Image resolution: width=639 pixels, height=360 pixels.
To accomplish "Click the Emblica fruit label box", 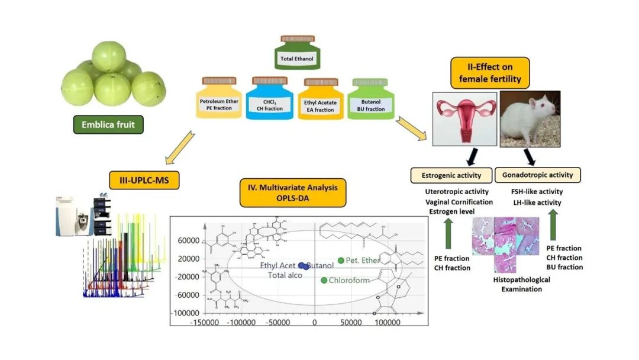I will tap(108, 125).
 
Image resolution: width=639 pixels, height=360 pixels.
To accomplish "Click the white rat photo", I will tap(531, 118).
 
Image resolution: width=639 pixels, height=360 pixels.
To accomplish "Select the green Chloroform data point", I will tap(324, 280).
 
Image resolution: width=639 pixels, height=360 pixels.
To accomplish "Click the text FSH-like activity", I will tap(537, 192).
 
